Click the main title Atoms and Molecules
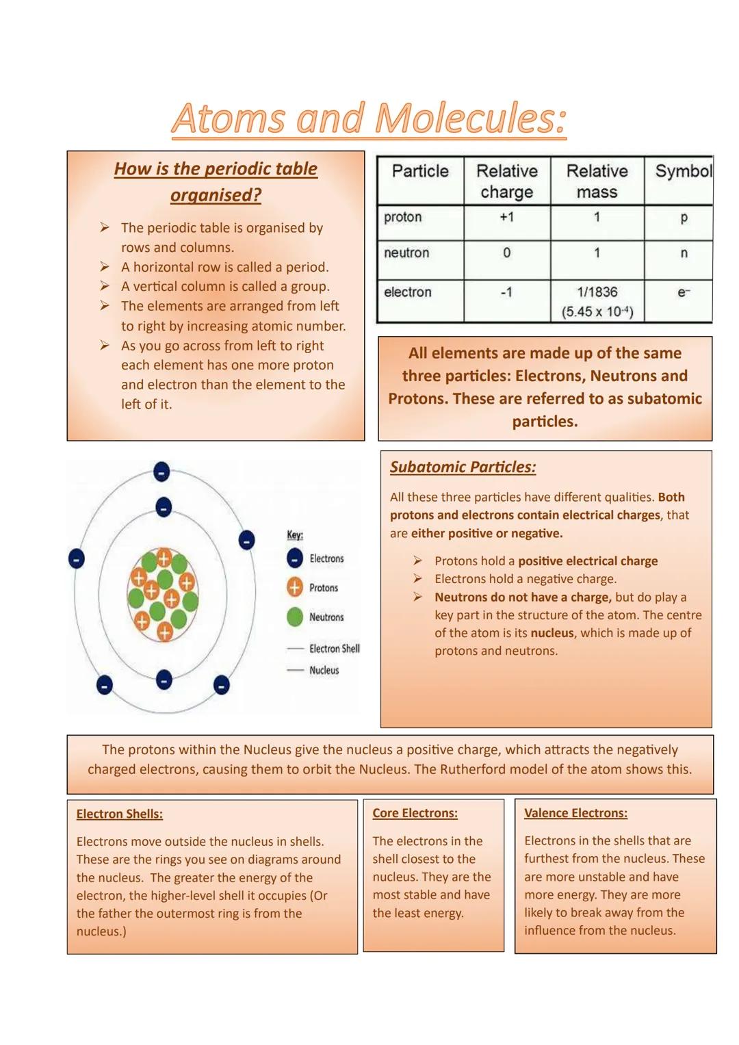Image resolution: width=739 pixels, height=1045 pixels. tap(369, 118)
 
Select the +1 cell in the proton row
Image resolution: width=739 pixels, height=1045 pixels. tap(506, 217)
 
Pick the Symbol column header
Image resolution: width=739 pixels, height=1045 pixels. tap(682, 171)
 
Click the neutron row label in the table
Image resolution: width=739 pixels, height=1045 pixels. tap(406, 253)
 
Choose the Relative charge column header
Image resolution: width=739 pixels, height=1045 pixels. tap(507, 181)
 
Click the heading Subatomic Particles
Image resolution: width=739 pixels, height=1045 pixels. tap(463, 467)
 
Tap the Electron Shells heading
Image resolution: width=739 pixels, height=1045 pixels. tap(120, 814)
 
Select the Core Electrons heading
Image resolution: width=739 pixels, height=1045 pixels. tap(415, 813)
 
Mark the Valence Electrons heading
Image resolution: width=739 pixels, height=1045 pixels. tap(575, 813)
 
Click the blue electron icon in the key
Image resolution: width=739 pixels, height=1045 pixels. tap(295, 558)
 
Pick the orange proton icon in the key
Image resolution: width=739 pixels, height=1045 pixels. tap(295, 587)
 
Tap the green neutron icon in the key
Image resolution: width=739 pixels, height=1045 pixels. tap(295, 617)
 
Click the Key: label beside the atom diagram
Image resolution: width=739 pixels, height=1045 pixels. tap(295, 534)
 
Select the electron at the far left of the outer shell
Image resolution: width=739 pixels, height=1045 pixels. tap(77, 558)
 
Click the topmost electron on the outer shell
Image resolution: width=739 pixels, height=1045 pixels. tap(161, 472)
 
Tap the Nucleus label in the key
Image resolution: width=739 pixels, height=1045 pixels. tap(324, 671)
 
